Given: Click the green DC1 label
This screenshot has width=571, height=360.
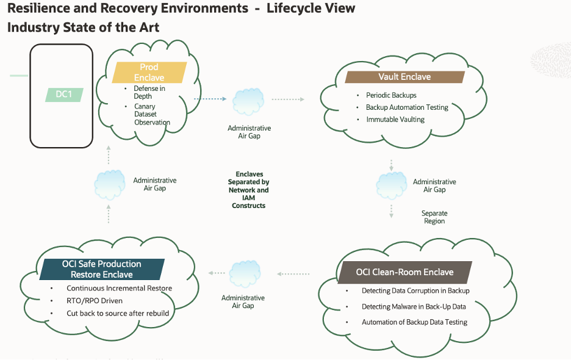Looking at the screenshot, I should click(63, 95).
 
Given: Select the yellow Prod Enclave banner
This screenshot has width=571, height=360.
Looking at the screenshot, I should click(149, 72).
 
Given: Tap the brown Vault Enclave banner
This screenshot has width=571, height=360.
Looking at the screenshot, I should click(404, 77).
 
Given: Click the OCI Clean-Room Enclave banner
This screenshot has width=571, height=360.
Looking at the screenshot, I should click(404, 272).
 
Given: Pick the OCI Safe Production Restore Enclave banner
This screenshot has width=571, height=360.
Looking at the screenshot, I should click(101, 269).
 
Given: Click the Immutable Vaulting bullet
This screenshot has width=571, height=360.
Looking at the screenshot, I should click(395, 120).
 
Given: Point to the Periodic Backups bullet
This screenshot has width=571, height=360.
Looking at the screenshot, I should click(391, 95).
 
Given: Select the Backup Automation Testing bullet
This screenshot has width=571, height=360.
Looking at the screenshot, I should click(407, 107).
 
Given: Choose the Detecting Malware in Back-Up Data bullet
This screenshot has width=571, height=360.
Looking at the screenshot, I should click(414, 306).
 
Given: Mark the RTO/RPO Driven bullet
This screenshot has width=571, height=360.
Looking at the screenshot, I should click(95, 301).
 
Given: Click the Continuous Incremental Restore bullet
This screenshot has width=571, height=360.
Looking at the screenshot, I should click(119, 288).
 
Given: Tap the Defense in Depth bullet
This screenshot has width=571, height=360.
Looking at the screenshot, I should click(149, 92).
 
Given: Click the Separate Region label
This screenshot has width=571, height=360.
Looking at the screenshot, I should click(434, 217).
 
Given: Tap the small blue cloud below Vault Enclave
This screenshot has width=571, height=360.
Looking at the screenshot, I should click(391, 184).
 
